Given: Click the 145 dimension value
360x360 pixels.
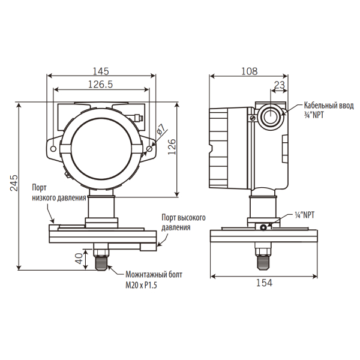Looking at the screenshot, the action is [x=101, y=71].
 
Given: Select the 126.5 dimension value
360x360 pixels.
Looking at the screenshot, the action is [x=101, y=85].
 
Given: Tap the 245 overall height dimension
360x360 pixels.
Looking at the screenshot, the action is [x=14, y=183].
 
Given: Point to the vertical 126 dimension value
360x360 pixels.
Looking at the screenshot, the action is [x=172, y=147].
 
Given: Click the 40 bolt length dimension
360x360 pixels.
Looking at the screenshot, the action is [x=79, y=259].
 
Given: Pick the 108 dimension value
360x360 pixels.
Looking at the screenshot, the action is [x=250, y=71].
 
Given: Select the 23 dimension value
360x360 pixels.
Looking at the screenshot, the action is [x=280, y=85].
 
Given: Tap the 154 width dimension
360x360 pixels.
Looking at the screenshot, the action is [x=264, y=283].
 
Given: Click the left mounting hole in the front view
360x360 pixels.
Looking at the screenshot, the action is [x=53, y=149].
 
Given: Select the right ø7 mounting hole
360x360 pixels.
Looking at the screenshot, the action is [x=149, y=149].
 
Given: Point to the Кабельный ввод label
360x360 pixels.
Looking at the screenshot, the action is [x=329, y=106].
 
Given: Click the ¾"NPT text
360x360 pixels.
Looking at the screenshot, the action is [x=314, y=115].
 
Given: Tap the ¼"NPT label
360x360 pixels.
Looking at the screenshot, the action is [x=304, y=215].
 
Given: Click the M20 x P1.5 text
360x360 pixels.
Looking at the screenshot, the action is [x=141, y=285].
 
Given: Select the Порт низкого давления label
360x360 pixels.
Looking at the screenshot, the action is [x=59, y=193].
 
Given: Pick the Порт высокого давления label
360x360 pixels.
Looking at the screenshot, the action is [x=184, y=222].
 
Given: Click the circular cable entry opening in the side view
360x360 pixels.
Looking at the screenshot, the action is [x=271, y=116].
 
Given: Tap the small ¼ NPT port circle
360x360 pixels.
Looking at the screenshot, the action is [x=263, y=227].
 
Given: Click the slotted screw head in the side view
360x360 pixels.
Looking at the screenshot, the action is [x=253, y=118].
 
